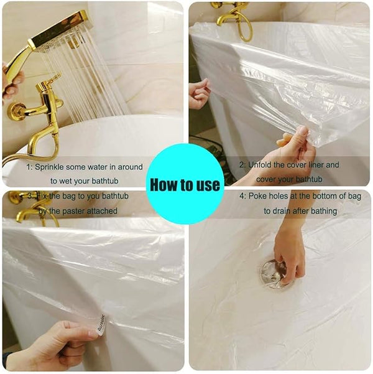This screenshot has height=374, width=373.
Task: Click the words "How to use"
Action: tap(185, 185)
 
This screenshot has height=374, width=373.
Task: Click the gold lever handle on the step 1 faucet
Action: tap(52, 80)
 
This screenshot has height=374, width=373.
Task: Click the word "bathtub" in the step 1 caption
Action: tap(105, 181)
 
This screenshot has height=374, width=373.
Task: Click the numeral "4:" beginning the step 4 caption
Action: tap(242, 196)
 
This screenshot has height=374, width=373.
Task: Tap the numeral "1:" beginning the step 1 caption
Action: tap(29, 167)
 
